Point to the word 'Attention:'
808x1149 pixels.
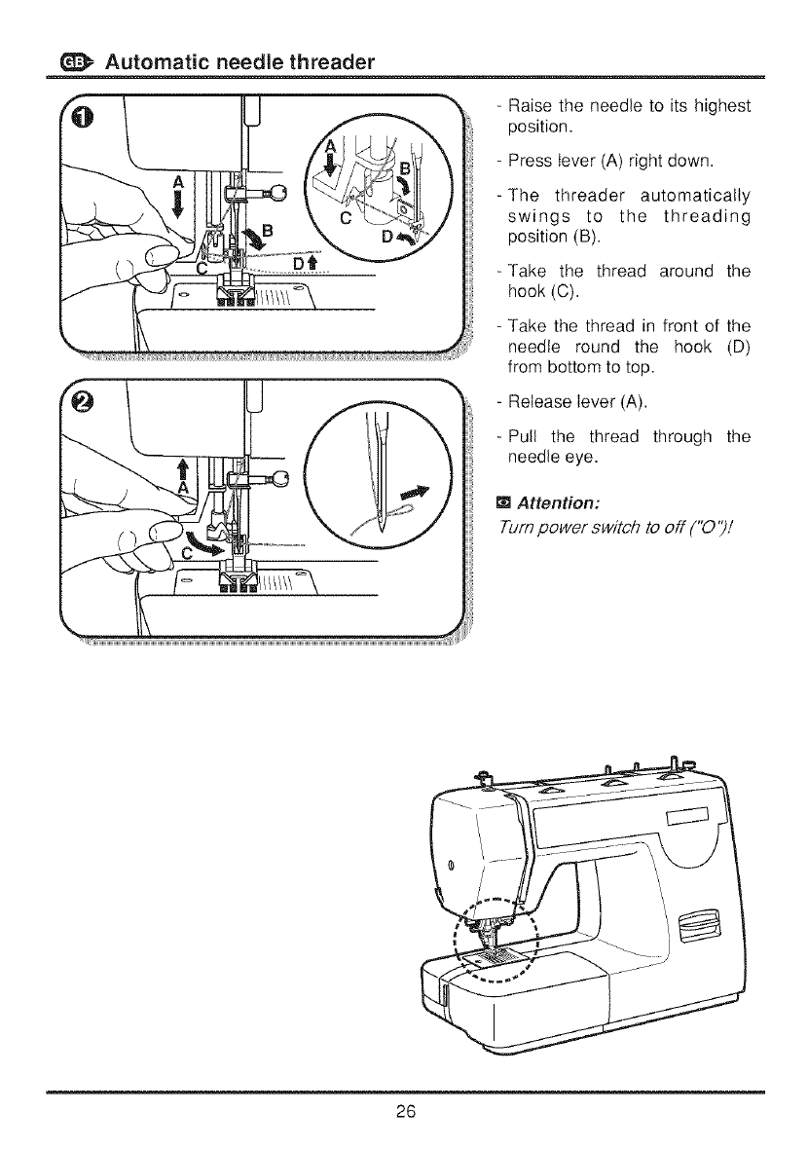[x=558, y=503]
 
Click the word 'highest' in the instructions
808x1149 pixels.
[x=713, y=106]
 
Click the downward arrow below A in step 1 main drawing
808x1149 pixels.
[x=178, y=207]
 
